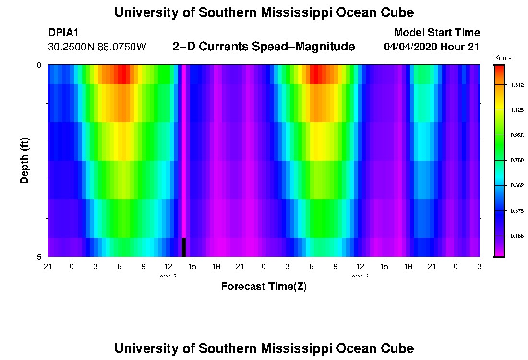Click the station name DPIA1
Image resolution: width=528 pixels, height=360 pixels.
[x=63, y=33]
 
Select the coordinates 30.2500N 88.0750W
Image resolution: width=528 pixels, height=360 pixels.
[x=97, y=47]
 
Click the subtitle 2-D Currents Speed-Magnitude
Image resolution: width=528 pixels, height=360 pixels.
[x=264, y=47]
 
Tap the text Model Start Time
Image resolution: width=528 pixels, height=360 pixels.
[x=436, y=33]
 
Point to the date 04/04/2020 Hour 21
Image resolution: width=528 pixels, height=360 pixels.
[x=432, y=47]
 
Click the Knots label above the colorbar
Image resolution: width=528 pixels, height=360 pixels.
[x=503, y=58]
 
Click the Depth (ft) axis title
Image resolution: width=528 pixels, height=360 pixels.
[x=25, y=161]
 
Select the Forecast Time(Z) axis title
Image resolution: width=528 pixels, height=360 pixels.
[x=264, y=287]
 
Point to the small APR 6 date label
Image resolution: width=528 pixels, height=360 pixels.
[x=360, y=276]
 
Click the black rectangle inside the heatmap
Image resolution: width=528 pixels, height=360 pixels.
[x=184, y=247]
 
